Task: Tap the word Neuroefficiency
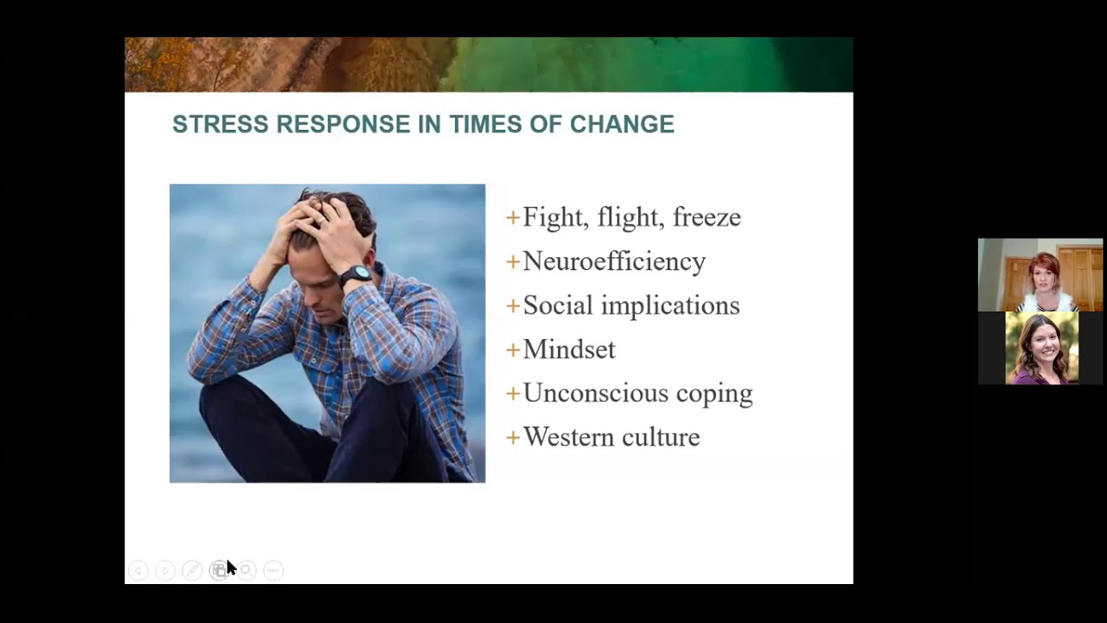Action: point(614,261)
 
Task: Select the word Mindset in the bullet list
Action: point(569,350)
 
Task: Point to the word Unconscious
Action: point(596,393)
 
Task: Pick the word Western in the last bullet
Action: point(566,437)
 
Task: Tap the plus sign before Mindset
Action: point(513,350)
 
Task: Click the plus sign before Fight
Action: point(513,217)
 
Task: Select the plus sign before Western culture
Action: point(513,437)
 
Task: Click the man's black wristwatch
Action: point(355,276)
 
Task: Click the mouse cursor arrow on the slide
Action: point(230,567)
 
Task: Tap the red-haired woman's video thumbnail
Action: point(1040,274)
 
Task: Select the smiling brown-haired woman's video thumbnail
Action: point(1041,348)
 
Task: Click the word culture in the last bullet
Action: point(660,437)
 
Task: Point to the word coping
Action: point(714,394)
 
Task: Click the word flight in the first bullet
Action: point(628,217)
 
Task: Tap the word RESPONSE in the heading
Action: point(343,125)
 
